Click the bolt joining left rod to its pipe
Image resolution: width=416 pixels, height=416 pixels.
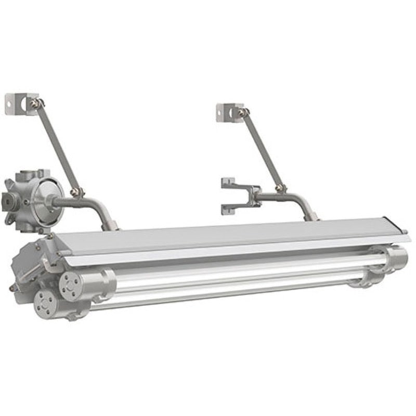pyautogui.click(x=77, y=192)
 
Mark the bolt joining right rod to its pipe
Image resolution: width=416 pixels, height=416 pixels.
pyautogui.click(x=280, y=188)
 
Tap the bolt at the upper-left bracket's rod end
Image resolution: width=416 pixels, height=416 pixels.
pyautogui.click(x=35, y=103)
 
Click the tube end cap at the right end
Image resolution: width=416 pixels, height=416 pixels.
pyautogui.click(x=397, y=257)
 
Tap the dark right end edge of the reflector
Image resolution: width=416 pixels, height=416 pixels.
pyautogui.click(x=404, y=229)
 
